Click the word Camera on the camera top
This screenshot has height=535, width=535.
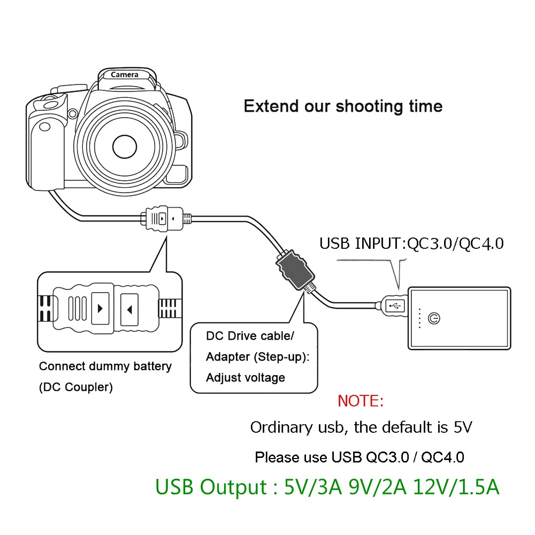(125, 74)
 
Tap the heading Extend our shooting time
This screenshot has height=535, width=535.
(343, 105)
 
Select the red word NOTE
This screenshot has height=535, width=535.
(361, 401)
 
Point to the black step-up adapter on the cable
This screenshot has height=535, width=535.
(293, 271)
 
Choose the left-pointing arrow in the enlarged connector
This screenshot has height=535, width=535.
(131, 309)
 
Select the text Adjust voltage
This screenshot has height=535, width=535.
(246, 378)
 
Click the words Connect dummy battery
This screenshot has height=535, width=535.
(105, 367)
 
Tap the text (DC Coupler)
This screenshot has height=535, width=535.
(76, 387)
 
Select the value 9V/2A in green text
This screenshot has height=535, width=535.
(377, 487)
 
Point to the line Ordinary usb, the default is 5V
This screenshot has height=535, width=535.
(361, 427)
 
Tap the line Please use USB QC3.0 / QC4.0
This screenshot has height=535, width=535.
(359, 457)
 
